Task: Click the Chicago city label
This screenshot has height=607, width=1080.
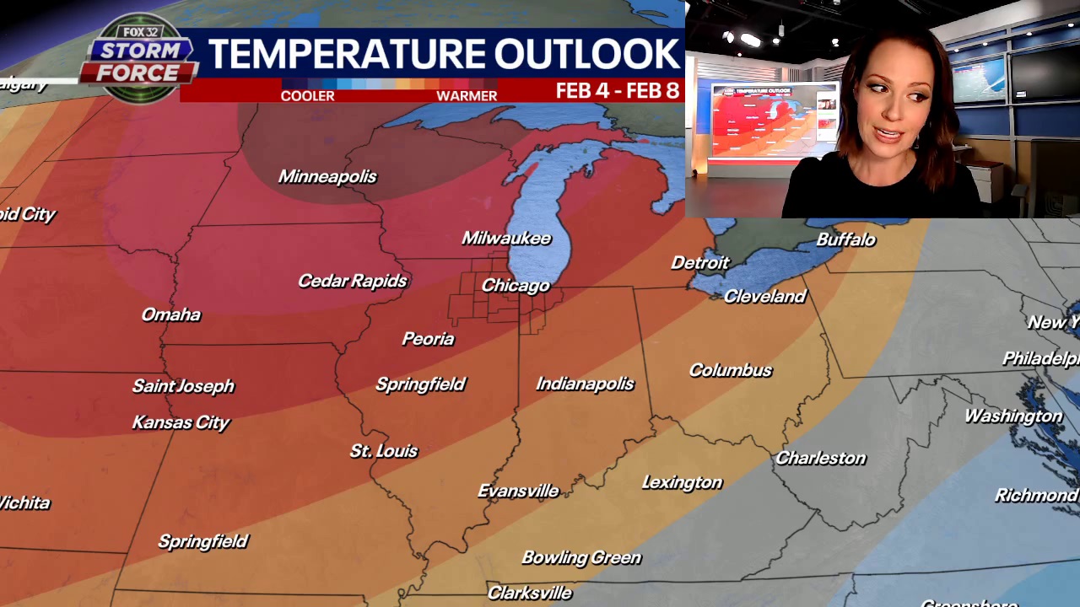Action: click(x=516, y=286)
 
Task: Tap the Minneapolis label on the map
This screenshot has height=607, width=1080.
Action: click(x=327, y=176)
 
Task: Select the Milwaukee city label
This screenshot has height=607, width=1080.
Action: click(x=506, y=239)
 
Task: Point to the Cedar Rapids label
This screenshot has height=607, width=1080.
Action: click(x=353, y=281)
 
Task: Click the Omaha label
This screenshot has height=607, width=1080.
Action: click(x=171, y=314)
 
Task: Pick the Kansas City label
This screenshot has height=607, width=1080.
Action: click(x=181, y=422)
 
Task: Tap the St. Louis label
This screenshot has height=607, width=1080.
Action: click(x=384, y=451)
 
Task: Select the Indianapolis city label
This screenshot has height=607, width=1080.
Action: click(x=585, y=384)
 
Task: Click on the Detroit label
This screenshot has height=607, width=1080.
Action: click(x=699, y=263)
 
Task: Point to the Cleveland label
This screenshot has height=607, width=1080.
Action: click(x=765, y=296)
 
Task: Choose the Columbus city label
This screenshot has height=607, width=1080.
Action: click(x=731, y=370)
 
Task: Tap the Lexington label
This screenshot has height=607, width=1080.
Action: click(x=682, y=482)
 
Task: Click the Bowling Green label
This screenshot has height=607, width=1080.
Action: click(x=581, y=557)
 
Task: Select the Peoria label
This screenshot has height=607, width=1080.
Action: click(x=428, y=339)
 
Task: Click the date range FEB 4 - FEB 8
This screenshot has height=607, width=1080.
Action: click(x=618, y=91)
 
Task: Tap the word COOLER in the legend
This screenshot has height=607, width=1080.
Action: click(x=307, y=96)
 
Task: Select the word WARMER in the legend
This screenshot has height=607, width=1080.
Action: click(x=467, y=96)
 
